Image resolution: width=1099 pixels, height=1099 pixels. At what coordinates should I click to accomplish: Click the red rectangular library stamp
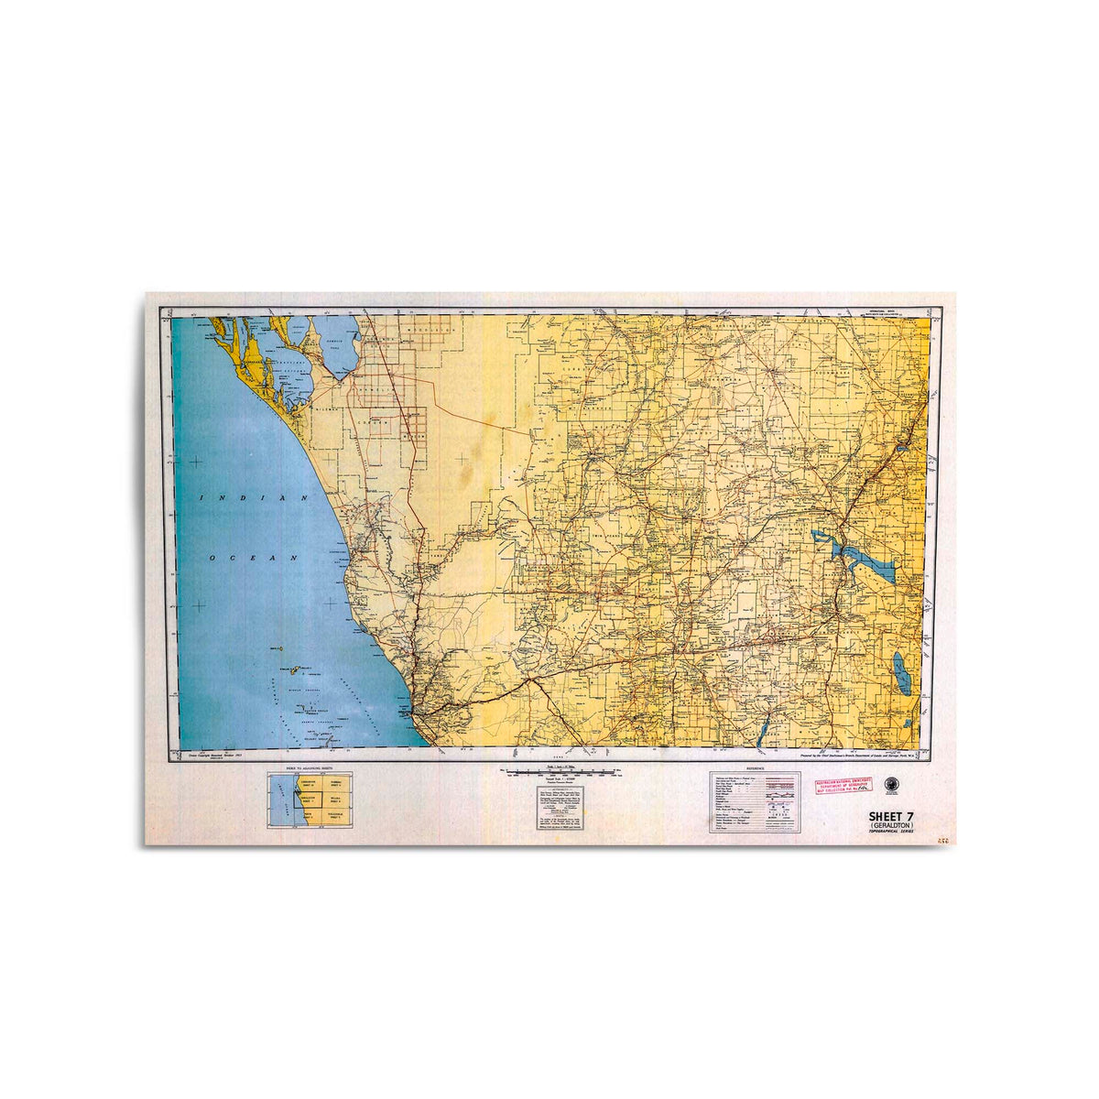[x=843, y=786]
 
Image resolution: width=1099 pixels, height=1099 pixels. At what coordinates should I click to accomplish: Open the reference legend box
[x=755, y=803]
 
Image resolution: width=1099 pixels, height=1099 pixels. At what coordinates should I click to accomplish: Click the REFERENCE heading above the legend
[x=755, y=767]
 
